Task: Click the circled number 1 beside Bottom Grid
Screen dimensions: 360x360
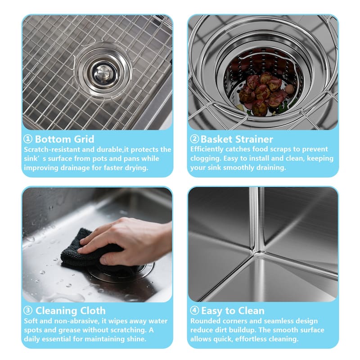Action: [x=28, y=139]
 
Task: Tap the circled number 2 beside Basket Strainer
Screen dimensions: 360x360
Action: [x=194, y=139]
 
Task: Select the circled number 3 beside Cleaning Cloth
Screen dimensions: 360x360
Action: [x=28, y=310]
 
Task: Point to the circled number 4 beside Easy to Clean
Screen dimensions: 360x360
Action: [x=194, y=310]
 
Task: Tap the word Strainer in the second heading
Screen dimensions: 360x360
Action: [x=254, y=139]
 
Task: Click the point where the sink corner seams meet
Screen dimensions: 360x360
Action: [x=260, y=252]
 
